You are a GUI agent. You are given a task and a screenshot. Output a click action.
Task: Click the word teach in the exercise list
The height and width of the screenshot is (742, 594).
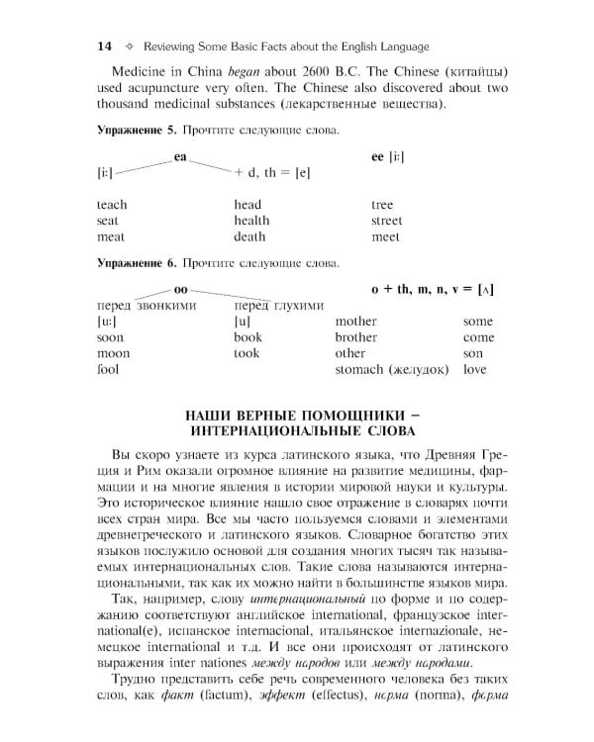tap(112, 205)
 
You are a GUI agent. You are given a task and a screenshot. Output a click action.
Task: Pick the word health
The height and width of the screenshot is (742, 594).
tap(251, 221)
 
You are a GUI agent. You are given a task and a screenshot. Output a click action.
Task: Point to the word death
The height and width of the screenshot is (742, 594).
tap(249, 237)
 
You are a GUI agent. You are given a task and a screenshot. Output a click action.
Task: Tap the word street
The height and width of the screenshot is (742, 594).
tap(386, 221)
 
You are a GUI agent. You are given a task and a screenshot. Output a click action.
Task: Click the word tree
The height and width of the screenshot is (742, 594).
tap(382, 205)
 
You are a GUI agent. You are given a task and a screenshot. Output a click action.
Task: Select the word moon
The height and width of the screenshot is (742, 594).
tap(113, 353)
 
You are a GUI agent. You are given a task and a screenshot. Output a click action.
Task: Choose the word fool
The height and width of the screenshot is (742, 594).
tap(108, 369)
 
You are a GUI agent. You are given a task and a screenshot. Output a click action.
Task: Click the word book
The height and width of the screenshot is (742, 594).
tap(247, 337)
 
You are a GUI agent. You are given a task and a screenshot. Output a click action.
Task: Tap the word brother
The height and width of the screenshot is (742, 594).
tap(355, 337)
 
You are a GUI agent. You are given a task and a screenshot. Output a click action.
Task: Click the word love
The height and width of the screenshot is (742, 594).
tap(475, 369)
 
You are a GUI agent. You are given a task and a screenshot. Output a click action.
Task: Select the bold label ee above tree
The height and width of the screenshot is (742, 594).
tap(377, 157)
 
